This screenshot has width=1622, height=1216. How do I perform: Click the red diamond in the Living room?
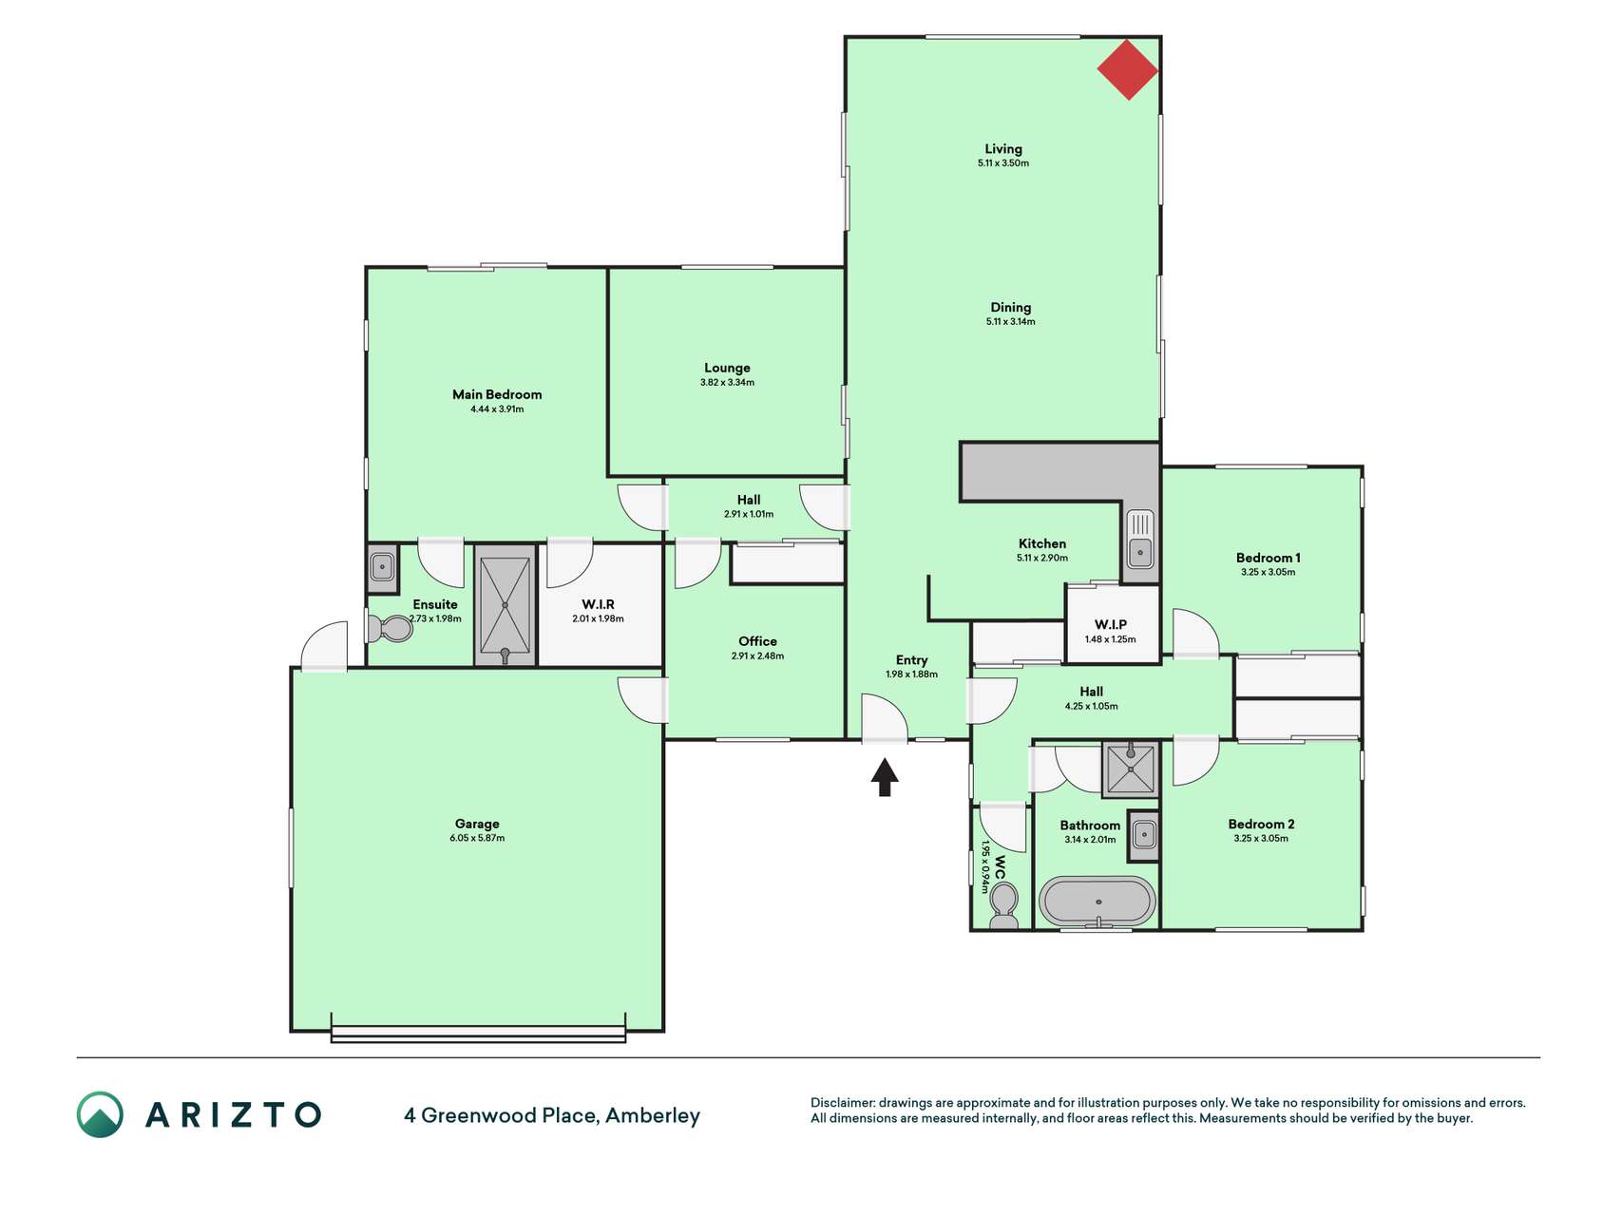[1128, 69]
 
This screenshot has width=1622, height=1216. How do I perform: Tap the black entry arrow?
[885, 776]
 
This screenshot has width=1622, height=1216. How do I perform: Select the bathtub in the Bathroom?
[1097, 902]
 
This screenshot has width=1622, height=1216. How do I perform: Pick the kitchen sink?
[1139, 539]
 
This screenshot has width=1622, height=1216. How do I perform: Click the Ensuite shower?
[505, 605]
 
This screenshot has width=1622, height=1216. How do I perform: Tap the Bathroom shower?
[1131, 769]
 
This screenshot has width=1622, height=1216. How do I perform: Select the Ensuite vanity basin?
[383, 568]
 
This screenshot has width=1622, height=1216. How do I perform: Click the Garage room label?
[477, 824]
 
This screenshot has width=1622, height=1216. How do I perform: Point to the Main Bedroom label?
[497, 394]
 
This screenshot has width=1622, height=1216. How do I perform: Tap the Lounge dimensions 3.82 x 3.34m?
[727, 383]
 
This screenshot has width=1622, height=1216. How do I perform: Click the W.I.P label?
[1111, 624]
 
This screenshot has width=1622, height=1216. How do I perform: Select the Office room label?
[757, 641]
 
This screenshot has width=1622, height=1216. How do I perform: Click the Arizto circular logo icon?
[100, 1114]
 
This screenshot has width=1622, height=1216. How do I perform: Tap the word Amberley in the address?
[653, 1116]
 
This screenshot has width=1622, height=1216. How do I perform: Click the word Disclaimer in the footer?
[843, 1103]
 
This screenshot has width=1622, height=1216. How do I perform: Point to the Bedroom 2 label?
[1261, 825]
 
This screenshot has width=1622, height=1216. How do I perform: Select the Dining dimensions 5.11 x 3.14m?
[1011, 322]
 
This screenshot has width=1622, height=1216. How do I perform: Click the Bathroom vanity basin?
[1144, 836]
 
